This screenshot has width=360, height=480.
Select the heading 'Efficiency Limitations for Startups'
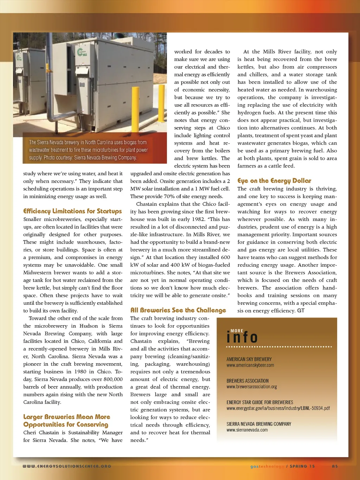[72, 211]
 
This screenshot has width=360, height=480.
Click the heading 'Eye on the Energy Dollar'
[274, 181]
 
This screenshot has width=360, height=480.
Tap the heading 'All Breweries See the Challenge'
[178, 310]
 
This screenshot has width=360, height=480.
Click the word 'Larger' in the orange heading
[33, 417]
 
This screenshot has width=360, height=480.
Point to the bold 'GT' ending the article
[301, 311]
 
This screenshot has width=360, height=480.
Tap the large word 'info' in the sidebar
[242, 337]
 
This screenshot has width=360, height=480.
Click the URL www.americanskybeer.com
[250, 365]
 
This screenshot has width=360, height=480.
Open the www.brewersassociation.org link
[251, 387]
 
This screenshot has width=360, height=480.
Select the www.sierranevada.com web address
[247, 430]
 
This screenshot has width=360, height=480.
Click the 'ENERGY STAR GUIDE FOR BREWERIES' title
[260, 402]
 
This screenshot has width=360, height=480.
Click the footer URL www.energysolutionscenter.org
[67, 466]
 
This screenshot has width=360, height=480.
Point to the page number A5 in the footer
[335, 466]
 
